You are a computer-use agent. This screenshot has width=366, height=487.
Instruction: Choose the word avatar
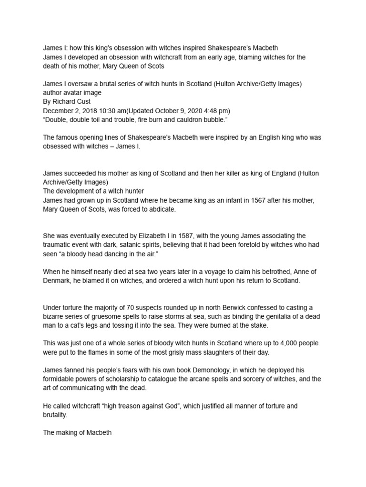(x=76, y=92)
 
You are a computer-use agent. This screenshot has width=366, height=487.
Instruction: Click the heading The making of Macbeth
(x=77, y=433)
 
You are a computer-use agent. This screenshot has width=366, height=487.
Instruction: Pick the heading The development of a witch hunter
(x=90, y=191)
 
